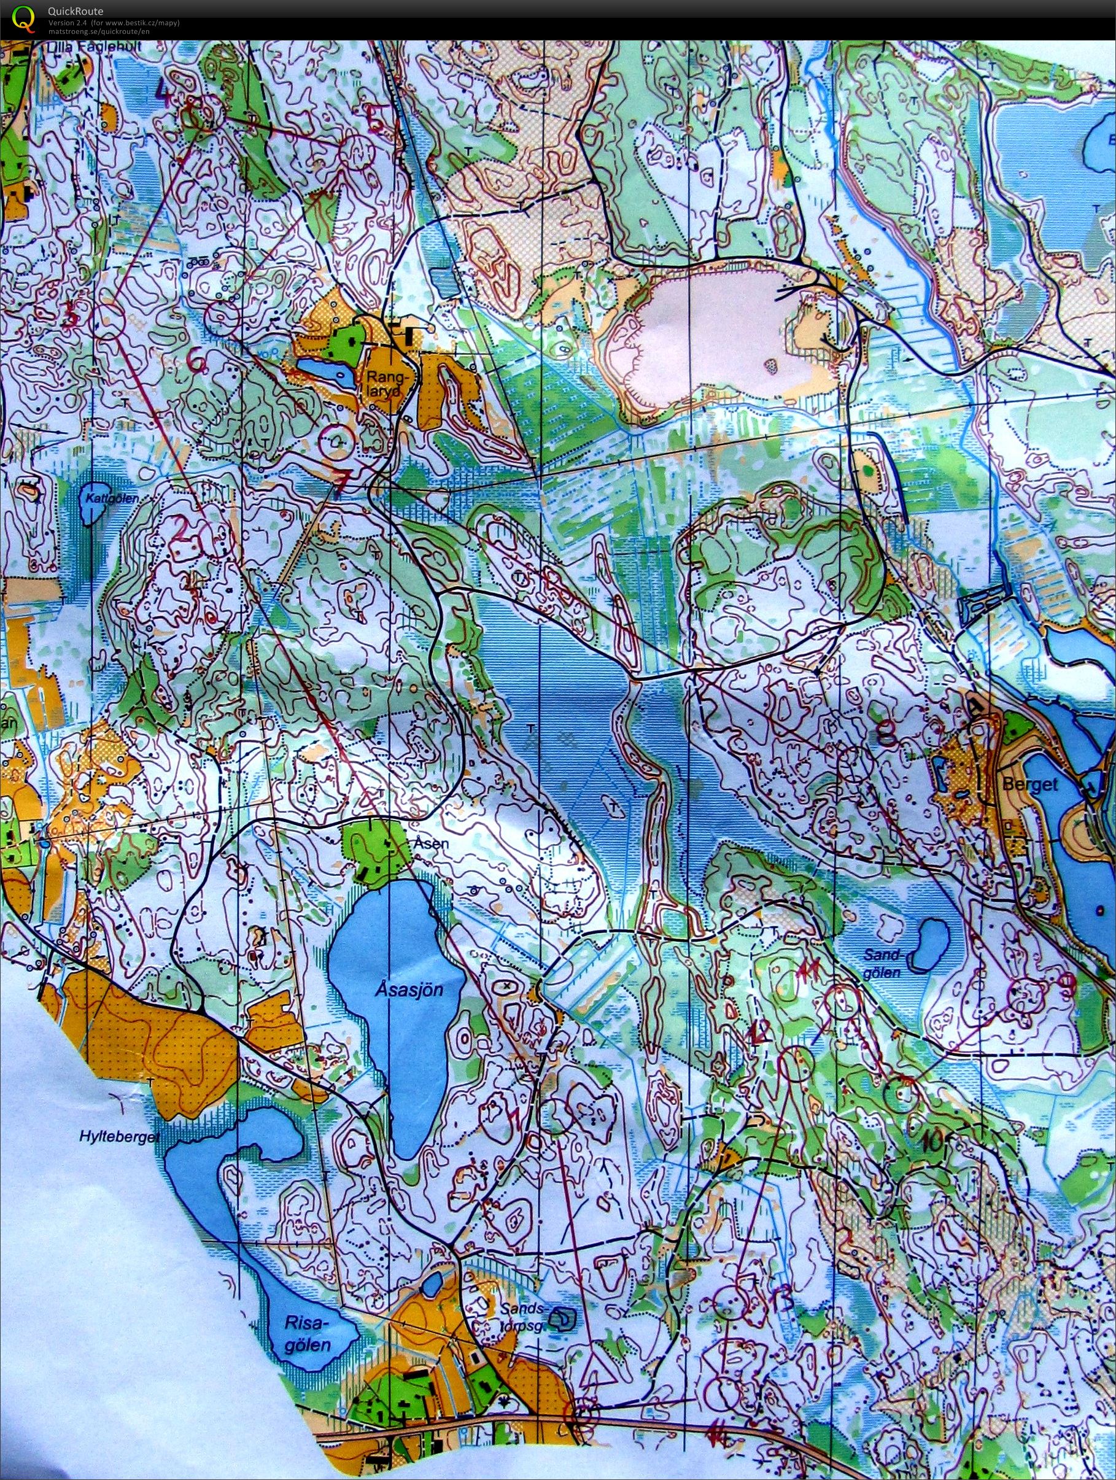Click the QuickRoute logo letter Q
coord(24,18)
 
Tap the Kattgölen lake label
coord(101,498)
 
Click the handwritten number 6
coord(196,362)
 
